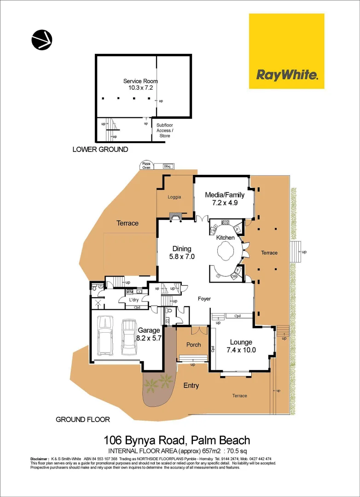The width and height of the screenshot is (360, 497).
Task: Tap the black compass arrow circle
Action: tap(42, 40)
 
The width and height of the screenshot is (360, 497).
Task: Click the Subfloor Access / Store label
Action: tap(165, 130)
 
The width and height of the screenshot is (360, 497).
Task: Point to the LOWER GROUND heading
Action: tap(100, 150)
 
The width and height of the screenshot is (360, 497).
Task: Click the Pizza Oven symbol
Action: tap(146, 166)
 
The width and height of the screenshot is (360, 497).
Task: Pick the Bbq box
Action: tap(167, 166)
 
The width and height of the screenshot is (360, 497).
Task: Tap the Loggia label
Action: tap(174, 197)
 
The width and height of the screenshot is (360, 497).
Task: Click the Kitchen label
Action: tap(226, 237)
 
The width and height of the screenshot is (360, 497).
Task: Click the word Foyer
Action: tap(204, 299)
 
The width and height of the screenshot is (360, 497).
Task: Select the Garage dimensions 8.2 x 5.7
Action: tap(149, 337)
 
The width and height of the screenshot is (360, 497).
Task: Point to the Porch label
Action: tap(193, 345)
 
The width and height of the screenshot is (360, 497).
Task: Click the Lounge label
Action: tap(241, 342)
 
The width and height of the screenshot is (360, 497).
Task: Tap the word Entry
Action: tap(191, 386)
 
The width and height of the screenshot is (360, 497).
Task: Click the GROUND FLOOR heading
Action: tap(82, 419)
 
